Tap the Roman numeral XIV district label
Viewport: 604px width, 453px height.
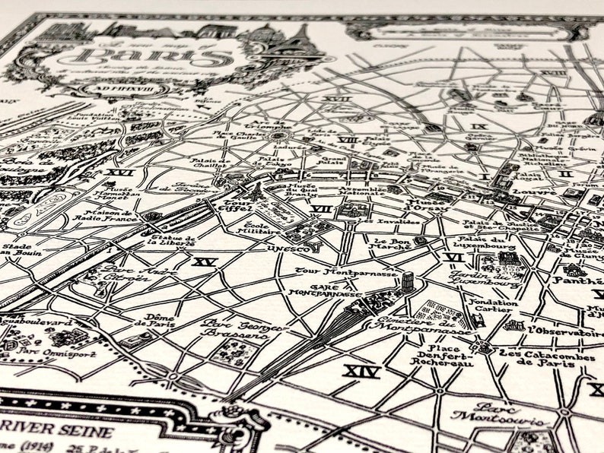(361, 372)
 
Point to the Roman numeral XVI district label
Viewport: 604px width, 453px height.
(119, 173)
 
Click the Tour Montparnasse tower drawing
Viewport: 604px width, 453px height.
(408, 282)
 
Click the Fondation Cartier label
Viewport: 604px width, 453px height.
(493, 307)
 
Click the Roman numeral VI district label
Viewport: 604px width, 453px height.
(454, 258)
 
